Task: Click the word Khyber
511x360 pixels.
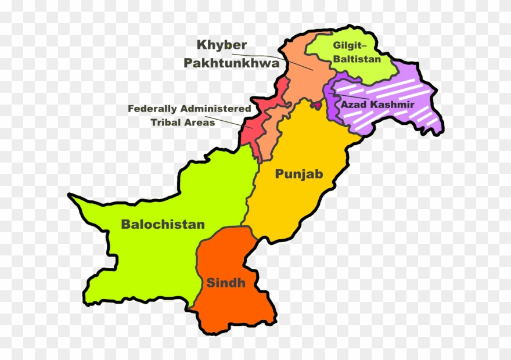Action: [222, 45]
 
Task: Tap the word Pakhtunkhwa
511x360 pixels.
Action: [232, 63]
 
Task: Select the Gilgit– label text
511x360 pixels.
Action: [349, 46]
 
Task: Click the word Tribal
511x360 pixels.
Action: [167, 123]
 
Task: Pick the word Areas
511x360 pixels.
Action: [201, 123]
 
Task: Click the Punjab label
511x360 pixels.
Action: [298, 174]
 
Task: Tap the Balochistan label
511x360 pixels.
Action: [163, 224]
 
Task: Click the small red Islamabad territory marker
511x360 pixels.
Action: [317, 105]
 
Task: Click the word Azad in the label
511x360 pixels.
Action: [352, 105]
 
